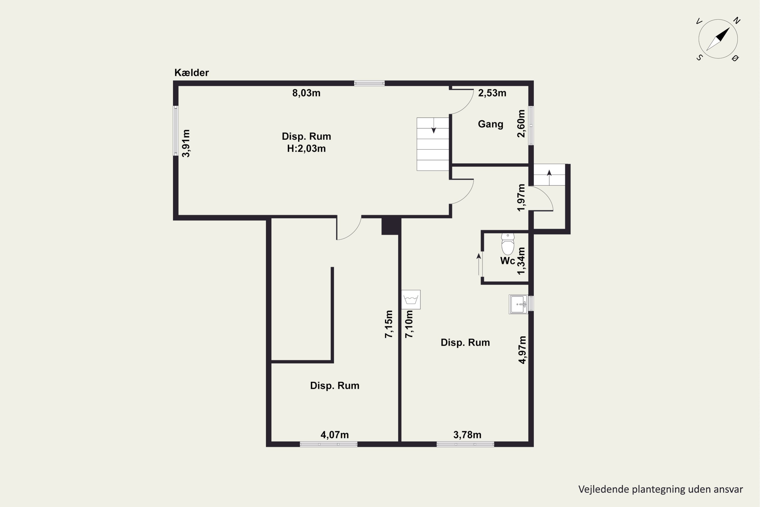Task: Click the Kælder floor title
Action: tap(192, 73)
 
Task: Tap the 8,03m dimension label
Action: tap(306, 93)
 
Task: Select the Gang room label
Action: tap(490, 124)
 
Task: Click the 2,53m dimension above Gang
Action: tap(492, 93)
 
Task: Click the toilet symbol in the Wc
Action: tap(508, 244)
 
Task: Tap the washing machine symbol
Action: tap(411, 299)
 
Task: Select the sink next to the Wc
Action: tap(518, 304)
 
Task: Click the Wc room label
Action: tap(507, 261)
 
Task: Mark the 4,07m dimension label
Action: tap(334, 435)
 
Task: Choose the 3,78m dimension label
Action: tap(467, 435)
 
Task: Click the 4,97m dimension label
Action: tap(522, 350)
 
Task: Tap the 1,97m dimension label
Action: tap(521, 197)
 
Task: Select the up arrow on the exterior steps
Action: tap(549, 177)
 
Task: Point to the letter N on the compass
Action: tap(737, 21)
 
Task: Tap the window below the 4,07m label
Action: tap(329, 444)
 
